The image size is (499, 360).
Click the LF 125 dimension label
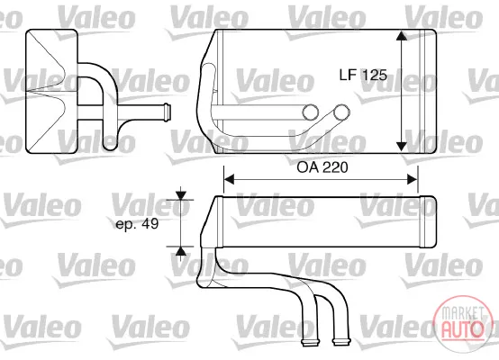[x=363, y=75]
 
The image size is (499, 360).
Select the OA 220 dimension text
[x=322, y=167]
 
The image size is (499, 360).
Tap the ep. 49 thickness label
[x=137, y=224]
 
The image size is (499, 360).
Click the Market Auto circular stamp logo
[x=462, y=324]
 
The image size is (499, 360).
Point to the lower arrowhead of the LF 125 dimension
[x=402, y=147]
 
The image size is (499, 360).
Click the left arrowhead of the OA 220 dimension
[x=229, y=179]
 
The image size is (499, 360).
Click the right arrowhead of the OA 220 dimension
[x=413, y=179]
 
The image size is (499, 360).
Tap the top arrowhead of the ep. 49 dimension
[x=181, y=195]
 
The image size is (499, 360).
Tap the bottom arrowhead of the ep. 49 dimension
[x=181, y=251]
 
